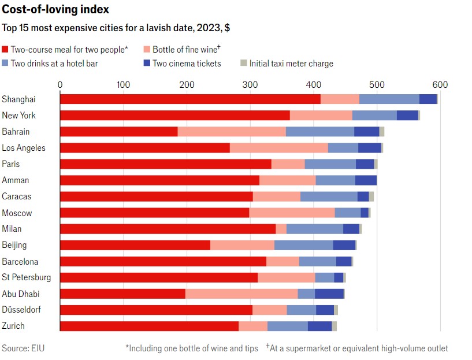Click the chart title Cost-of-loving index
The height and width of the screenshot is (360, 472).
click(x=55, y=10)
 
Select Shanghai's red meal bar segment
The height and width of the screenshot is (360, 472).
click(x=190, y=99)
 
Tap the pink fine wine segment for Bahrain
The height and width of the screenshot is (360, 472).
click(x=232, y=131)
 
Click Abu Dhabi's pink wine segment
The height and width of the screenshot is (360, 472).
click(x=241, y=294)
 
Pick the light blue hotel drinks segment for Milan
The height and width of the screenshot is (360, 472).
click(x=315, y=229)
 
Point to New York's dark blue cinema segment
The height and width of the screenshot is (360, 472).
click(x=407, y=115)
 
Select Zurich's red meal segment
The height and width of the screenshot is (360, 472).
click(x=149, y=326)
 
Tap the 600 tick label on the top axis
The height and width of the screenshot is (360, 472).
click(x=440, y=85)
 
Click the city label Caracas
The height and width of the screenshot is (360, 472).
click(x=17, y=196)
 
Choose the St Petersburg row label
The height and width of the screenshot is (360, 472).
click(x=27, y=277)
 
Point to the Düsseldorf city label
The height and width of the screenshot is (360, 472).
click(x=21, y=310)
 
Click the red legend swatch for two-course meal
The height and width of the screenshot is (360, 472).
click(x=5, y=50)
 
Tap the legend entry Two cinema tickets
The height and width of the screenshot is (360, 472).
click(x=187, y=64)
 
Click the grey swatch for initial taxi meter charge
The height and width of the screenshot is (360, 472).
click(x=244, y=64)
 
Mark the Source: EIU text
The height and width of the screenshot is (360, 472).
click(x=23, y=348)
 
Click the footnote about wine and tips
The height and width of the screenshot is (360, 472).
click(x=191, y=348)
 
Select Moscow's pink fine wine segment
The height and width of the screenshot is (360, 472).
click(x=292, y=213)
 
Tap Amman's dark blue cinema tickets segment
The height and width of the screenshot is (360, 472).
click(x=366, y=180)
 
